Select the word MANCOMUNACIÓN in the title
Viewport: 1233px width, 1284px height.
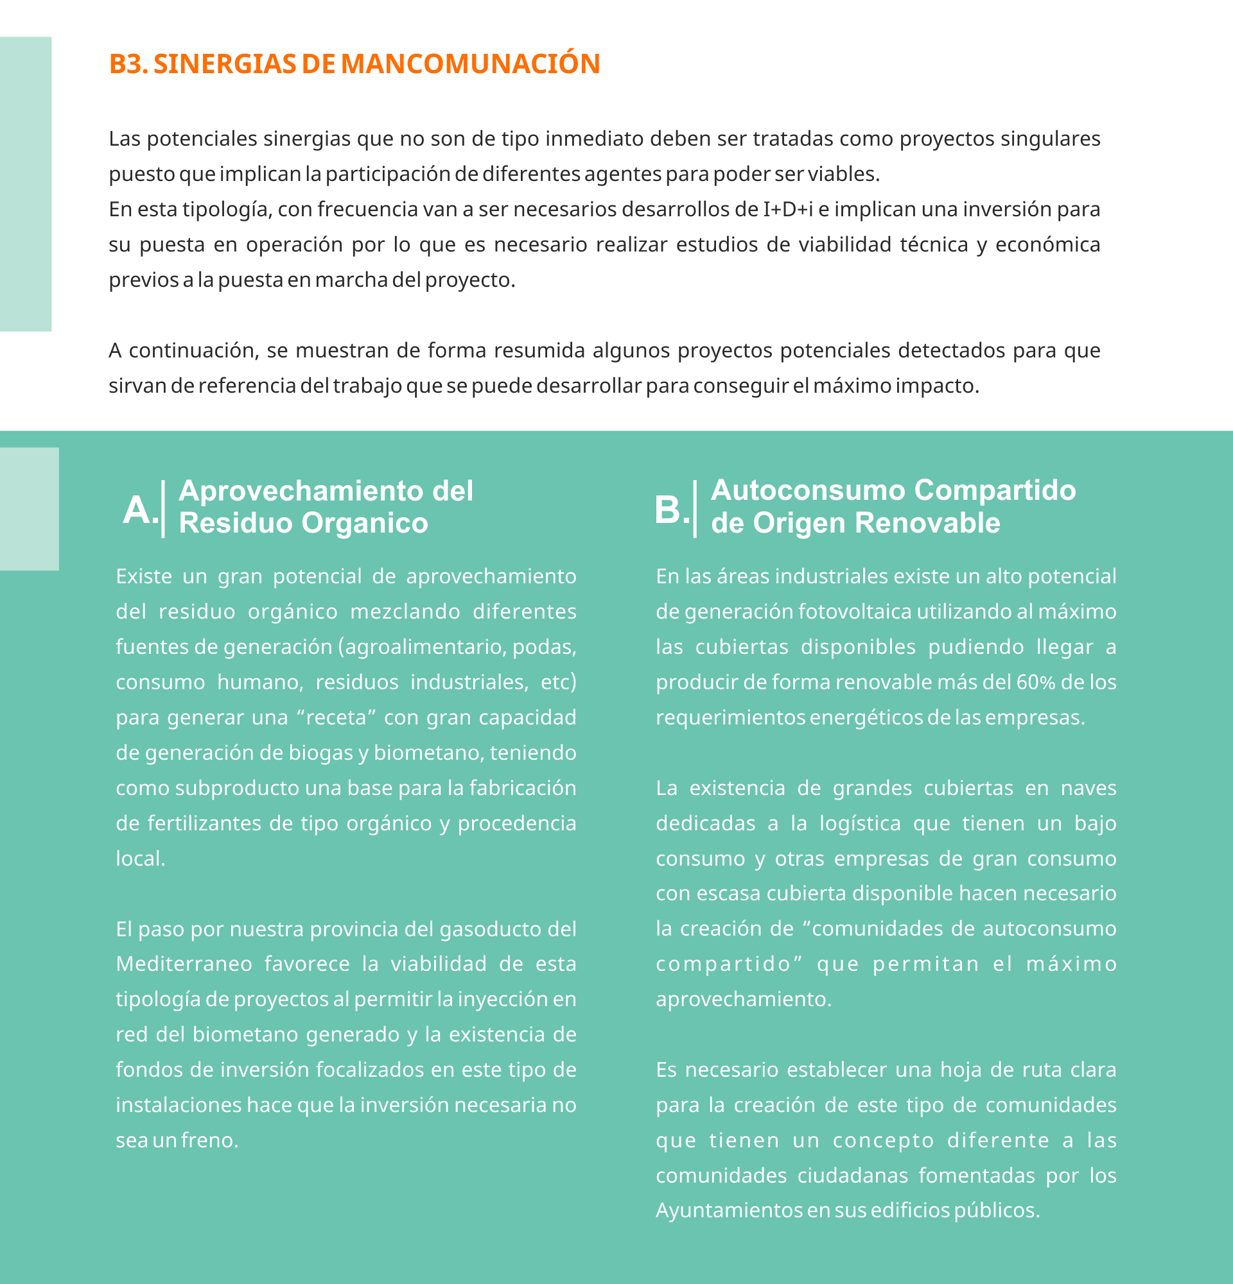coord(470,64)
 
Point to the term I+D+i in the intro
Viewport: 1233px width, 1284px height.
coord(788,210)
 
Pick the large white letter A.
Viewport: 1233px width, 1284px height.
coord(137,509)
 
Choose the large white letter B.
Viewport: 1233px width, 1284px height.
coord(669,509)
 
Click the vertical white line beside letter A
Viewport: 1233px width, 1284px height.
coord(163,508)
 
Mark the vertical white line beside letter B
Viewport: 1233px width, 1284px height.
coord(695,508)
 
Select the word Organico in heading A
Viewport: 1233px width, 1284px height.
coord(365,524)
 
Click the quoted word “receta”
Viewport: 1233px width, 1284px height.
coord(335,718)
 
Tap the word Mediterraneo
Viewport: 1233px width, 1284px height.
coord(184,964)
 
